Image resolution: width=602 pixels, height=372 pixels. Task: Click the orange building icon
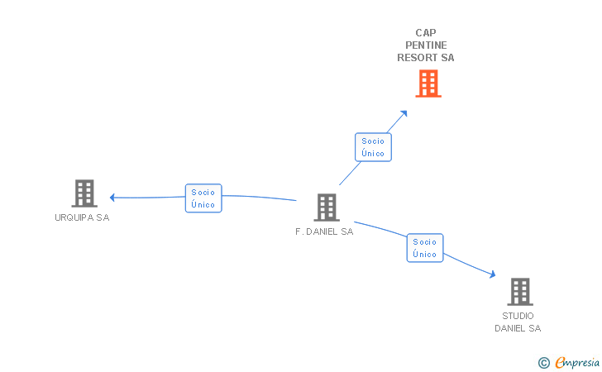click(x=428, y=83)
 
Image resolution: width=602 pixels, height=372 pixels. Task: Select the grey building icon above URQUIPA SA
click(x=84, y=193)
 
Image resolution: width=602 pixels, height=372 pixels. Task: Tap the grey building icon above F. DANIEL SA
click(x=327, y=207)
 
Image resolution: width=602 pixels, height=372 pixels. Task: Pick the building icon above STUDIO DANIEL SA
click(x=520, y=292)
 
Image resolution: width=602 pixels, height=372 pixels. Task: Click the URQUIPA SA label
click(x=82, y=217)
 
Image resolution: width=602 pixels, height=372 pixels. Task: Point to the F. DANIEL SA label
click(x=324, y=231)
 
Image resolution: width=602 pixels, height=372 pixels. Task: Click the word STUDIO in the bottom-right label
click(x=518, y=316)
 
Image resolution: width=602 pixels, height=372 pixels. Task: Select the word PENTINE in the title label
click(x=426, y=45)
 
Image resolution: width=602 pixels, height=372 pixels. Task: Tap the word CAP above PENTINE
click(x=426, y=33)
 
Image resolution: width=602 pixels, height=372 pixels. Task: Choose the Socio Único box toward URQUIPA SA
click(x=203, y=198)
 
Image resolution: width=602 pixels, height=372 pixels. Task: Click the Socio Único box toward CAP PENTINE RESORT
click(x=373, y=147)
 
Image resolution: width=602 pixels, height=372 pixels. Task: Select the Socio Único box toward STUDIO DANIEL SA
click(x=425, y=248)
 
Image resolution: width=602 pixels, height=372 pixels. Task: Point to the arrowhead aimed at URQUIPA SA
click(x=112, y=198)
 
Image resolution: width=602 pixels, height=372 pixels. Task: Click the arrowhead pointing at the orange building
click(x=404, y=113)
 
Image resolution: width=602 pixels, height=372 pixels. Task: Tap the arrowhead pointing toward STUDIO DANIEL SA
click(x=493, y=274)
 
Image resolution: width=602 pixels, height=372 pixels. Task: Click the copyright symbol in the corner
click(x=544, y=363)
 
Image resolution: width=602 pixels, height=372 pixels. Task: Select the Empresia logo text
click(x=577, y=362)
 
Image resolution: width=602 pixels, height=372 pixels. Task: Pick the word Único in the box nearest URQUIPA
click(x=203, y=204)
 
